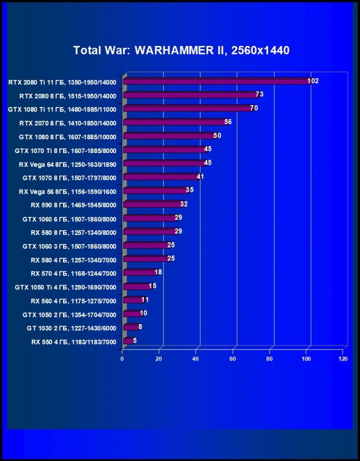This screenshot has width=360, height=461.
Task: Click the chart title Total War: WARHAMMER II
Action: [181, 50]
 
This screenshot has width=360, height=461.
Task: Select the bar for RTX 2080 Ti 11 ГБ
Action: [216, 81]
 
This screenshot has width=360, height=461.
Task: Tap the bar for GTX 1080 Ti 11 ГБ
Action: [187, 108]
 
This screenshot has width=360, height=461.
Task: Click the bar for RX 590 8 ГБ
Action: [152, 205]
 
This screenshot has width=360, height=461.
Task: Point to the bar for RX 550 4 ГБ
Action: [127, 341]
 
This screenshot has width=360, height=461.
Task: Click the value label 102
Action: [313, 81]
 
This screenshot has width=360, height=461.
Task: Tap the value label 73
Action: [259, 94]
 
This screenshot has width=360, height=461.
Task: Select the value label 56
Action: [228, 122]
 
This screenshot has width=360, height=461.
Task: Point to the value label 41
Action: [200, 177]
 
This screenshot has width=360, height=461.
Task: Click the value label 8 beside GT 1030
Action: [140, 327]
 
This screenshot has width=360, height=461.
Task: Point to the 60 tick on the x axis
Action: [233, 359]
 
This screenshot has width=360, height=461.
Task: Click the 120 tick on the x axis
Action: [343, 359]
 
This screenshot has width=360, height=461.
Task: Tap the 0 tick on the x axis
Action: [122, 359]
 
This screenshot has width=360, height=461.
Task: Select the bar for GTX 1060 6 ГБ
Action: [149, 218]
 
